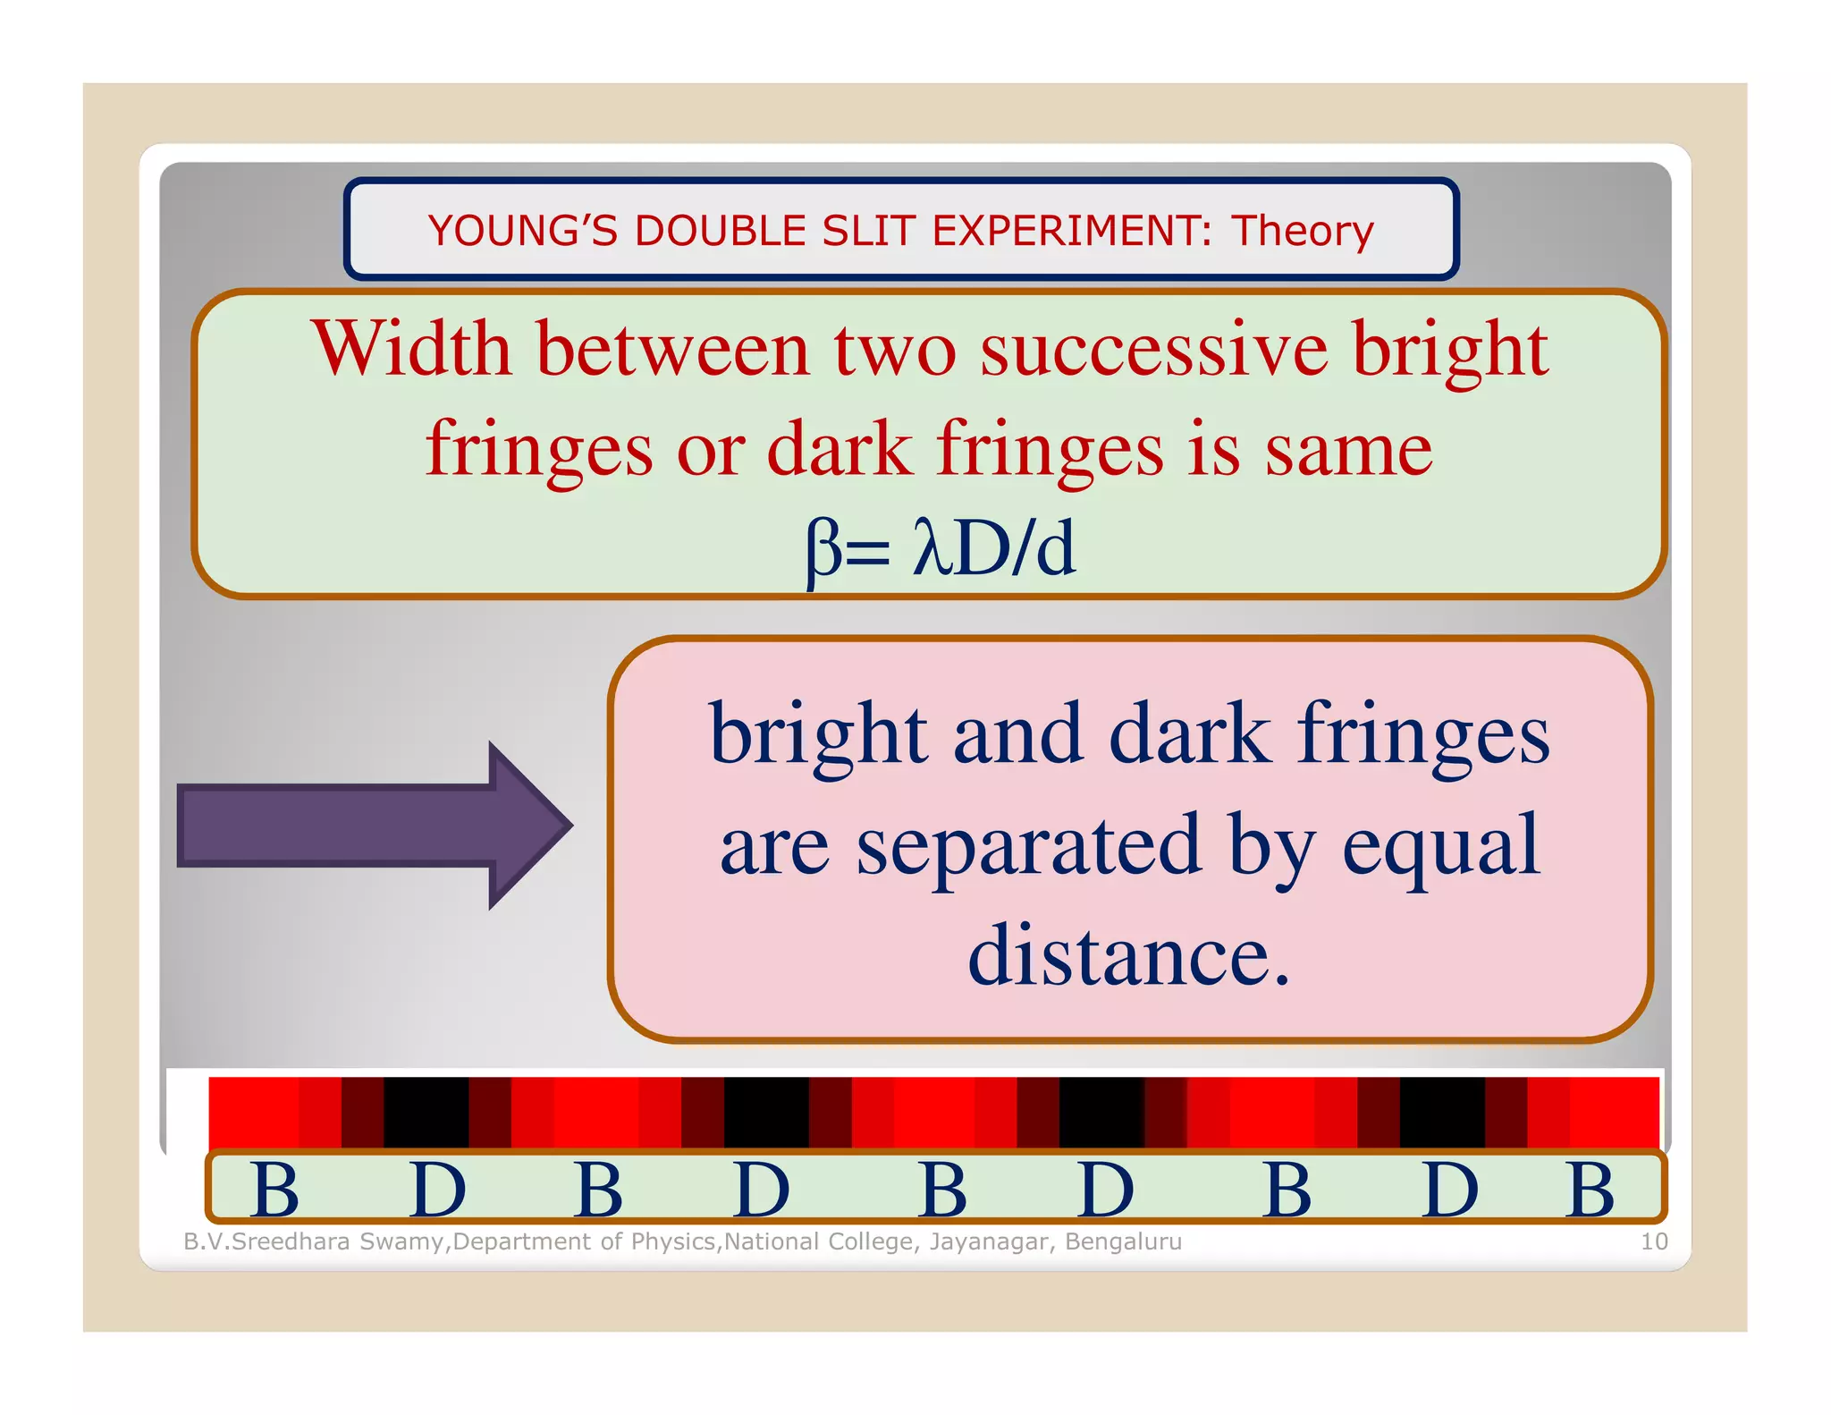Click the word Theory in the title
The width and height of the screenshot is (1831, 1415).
(1303, 231)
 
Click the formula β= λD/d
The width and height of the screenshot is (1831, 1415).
(940, 548)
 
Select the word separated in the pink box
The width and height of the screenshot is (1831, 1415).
(1028, 845)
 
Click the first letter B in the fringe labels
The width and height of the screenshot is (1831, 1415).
(275, 1190)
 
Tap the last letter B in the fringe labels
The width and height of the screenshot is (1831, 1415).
(1591, 1190)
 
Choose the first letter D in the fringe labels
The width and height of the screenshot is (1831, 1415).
(437, 1190)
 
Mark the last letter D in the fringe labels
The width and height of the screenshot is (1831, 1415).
(1449, 1190)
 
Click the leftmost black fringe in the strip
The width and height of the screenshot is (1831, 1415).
(426, 1113)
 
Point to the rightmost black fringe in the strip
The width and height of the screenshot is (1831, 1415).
(1442, 1113)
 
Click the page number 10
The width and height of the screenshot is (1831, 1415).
(1654, 1241)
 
